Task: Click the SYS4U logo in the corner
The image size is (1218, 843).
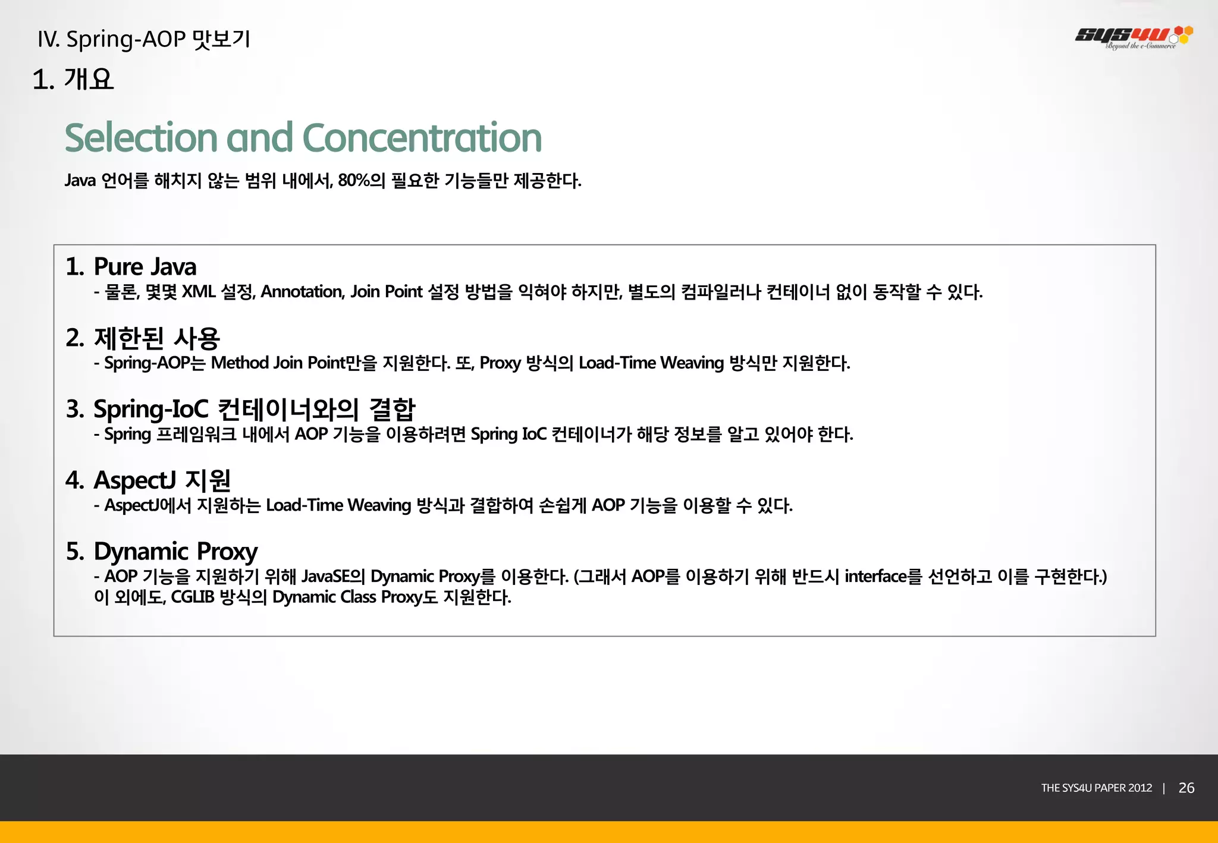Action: (1133, 37)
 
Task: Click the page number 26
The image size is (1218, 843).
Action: (1186, 788)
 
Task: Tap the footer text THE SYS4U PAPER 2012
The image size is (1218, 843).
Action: (1096, 788)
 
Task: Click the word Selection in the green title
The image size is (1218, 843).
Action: (141, 138)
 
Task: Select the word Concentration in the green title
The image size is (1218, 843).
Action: (422, 138)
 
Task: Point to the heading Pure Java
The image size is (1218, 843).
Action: (145, 267)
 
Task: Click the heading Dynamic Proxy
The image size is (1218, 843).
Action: (175, 552)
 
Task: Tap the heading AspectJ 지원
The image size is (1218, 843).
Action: (162, 480)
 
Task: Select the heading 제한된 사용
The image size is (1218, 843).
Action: (157, 338)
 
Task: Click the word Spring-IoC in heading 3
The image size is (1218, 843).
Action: (151, 409)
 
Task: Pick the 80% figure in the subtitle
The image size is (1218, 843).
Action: (354, 180)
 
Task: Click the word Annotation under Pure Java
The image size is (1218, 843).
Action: (302, 292)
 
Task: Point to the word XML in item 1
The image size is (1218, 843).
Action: (198, 292)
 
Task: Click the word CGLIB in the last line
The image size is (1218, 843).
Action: (192, 597)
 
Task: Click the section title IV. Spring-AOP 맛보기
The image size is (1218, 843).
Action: (143, 39)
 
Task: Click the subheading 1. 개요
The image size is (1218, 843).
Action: (73, 79)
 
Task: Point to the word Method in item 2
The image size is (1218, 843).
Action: (239, 363)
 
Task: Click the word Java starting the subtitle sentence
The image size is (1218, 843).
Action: (80, 180)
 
